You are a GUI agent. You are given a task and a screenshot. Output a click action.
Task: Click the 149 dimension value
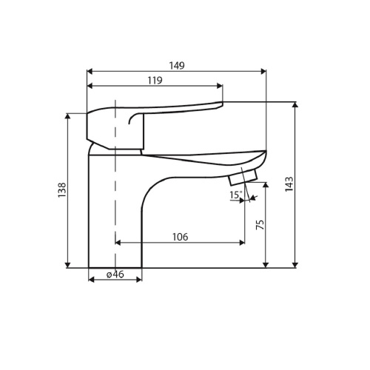177,66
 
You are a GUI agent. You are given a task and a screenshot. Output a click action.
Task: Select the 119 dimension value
155,81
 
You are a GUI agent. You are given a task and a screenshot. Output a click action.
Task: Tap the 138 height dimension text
62,190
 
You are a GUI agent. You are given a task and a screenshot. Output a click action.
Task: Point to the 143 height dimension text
289,184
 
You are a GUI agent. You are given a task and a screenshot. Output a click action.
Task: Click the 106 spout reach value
180,237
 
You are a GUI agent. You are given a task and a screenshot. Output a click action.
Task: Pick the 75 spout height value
260,224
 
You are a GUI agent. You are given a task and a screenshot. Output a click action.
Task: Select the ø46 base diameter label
115,274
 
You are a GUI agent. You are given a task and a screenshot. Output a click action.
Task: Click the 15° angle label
235,195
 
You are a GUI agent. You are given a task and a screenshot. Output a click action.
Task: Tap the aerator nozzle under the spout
243,177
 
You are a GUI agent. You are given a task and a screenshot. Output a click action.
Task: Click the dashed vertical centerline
115,184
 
